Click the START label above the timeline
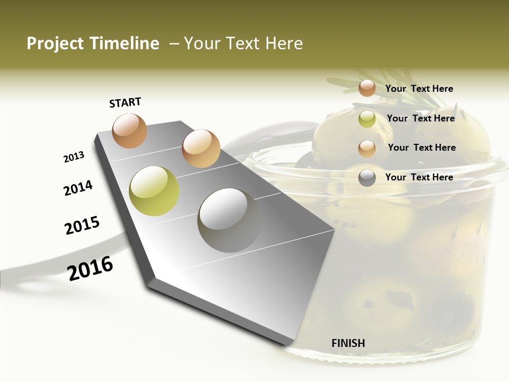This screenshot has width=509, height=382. click(x=125, y=102)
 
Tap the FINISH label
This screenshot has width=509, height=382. click(x=348, y=343)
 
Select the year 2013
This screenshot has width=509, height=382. click(x=74, y=157)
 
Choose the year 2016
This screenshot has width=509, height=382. click(x=90, y=268)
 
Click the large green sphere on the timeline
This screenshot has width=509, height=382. click(x=154, y=191)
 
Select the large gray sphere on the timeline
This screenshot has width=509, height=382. click(x=229, y=220)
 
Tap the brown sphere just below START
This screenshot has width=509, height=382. click(x=130, y=131)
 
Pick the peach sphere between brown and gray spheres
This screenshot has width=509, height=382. click(x=201, y=149)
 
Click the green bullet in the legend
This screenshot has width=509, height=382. click(x=367, y=119)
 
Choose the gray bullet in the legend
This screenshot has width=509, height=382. click(x=367, y=178)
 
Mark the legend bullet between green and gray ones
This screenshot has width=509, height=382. click(x=367, y=149)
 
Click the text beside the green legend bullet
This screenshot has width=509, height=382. click(x=420, y=118)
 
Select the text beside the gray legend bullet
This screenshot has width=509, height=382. click(x=419, y=177)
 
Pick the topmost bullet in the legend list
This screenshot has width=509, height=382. click(x=367, y=88)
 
